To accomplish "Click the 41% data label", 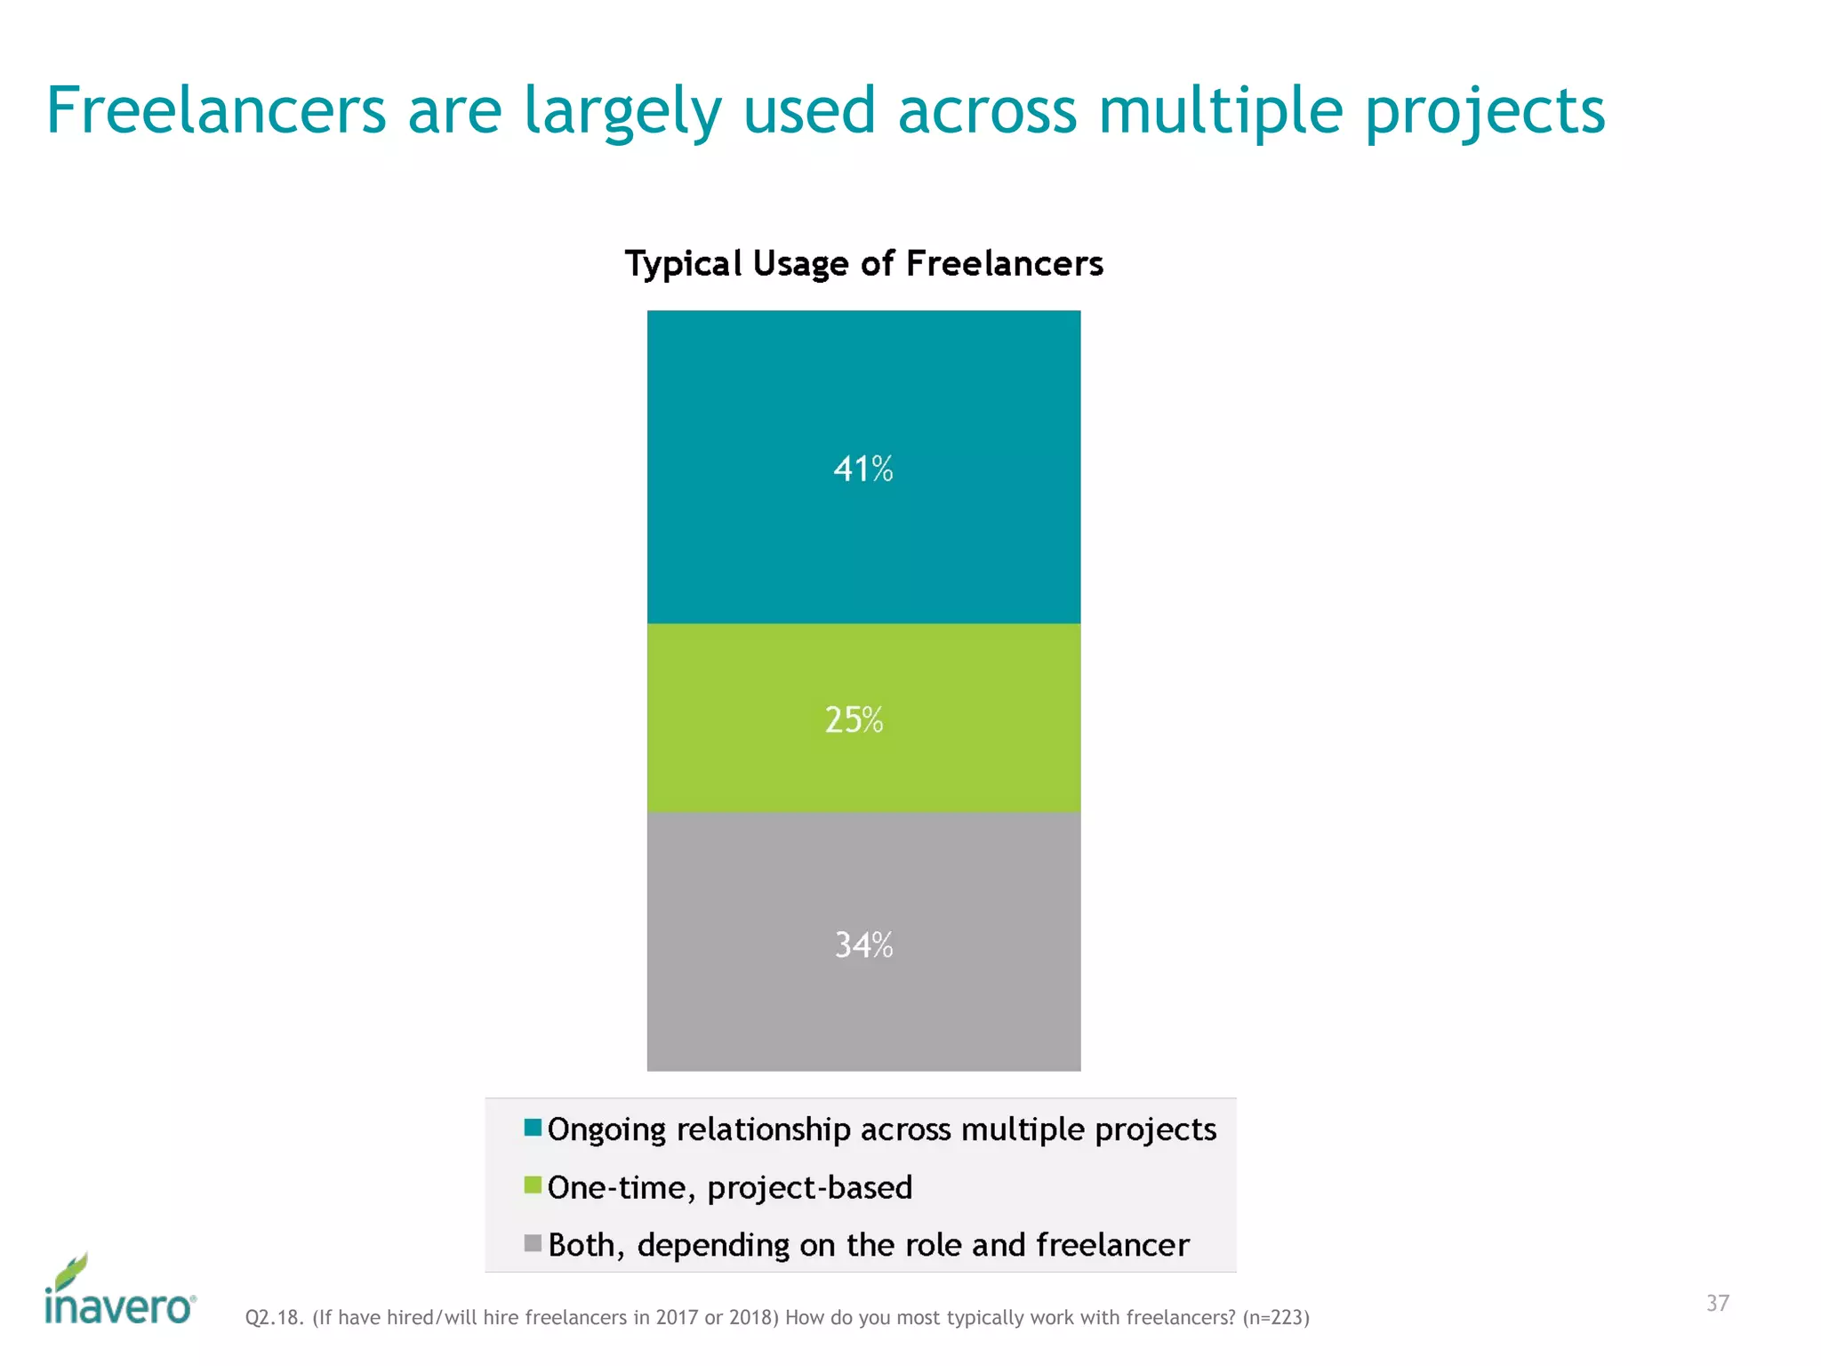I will [862, 469].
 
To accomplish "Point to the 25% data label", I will [854, 719].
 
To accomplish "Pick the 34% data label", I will [862, 944].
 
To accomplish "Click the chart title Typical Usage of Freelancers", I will [863, 264].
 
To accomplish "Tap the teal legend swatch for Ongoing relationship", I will [533, 1128].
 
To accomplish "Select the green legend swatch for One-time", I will [533, 1185].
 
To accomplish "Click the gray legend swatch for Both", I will [533, 1243].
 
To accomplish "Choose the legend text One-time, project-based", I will [730, 1188].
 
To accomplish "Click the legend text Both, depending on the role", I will [868, 1245].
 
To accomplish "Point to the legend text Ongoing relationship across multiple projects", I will [881, 1129].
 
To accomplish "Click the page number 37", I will [1717, 1303].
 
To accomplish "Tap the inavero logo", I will [119, 1291].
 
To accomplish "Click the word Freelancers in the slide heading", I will [216, 111].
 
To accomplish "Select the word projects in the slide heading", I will [1484, 113].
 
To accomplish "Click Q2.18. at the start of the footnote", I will [275, 1317].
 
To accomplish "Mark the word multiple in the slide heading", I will [1220, 113].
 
